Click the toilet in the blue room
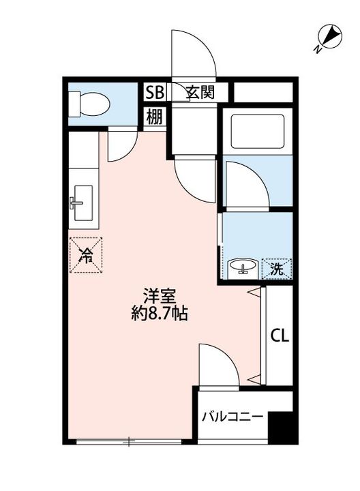(89, 104)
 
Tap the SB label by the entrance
(155, 93)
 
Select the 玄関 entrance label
(200, 92)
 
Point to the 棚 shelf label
(155, 117)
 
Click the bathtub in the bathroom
(258, 131)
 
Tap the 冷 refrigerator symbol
(86, 255)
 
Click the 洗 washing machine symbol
(277, 269)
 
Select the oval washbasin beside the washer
(243, 267)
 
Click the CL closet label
(280, 336)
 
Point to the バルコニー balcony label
(232, 417)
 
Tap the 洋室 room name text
(160, 296)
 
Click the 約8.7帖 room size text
(160, 314)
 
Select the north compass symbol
(329, 37)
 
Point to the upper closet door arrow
(254, 293)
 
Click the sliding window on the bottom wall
(129, 442)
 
